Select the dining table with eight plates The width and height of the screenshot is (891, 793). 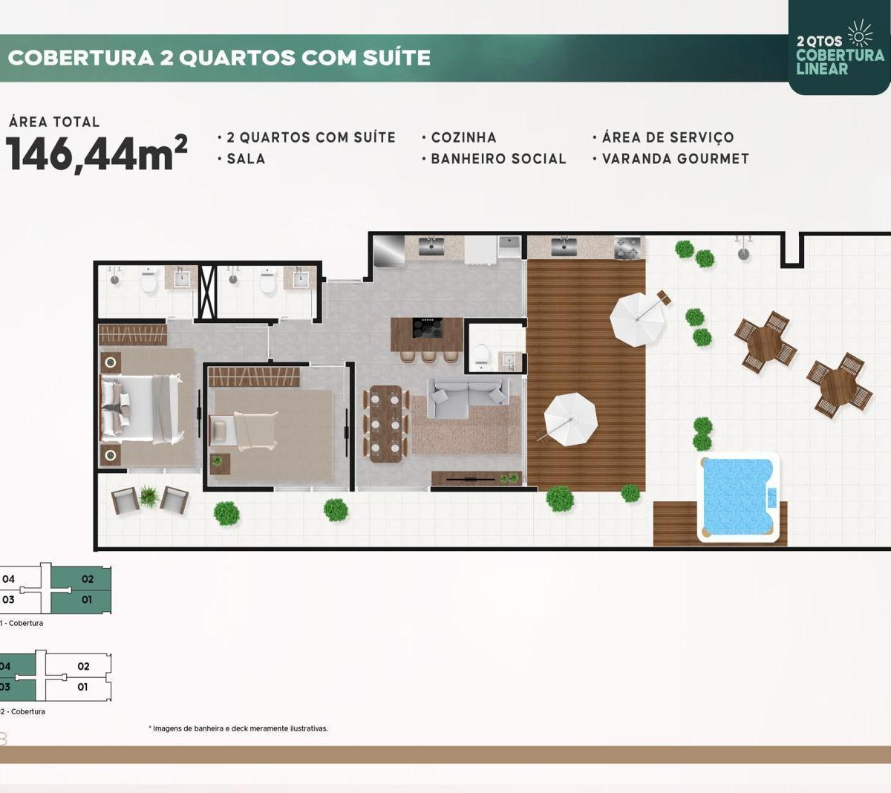[385, 423]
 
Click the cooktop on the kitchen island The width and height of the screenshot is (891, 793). [428, 327]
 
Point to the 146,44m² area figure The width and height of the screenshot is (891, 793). [97, 154]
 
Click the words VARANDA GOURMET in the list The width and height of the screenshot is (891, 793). [676, 159]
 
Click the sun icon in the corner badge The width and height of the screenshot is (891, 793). [861, 33]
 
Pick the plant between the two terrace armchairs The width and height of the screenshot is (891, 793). [148, 497]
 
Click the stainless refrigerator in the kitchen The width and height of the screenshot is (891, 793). [389, 250]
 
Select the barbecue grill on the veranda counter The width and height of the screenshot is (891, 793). [630, 247]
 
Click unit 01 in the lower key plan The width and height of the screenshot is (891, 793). [82, 687]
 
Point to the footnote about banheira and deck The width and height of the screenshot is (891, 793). [238, 728]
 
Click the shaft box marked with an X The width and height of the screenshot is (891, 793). [206, 292]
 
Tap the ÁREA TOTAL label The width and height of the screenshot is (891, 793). [54, 122]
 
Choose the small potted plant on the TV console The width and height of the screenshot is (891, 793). [509, 478]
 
